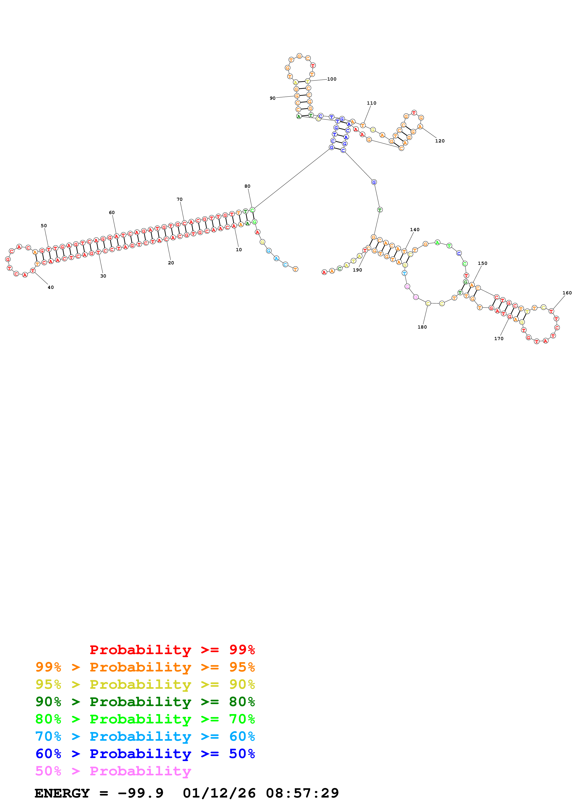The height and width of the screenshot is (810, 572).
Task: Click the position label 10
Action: (x=239, y=250)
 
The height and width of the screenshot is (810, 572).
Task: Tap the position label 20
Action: (x=171, y=263)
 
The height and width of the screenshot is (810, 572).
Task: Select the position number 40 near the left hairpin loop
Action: (x=51, y=287)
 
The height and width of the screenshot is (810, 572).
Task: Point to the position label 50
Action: (x=44, y=226)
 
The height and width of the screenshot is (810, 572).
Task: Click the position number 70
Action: (x=179, y=199)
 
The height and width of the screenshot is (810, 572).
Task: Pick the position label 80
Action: (x=247, y=186)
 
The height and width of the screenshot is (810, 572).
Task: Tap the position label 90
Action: (x=273, y=98)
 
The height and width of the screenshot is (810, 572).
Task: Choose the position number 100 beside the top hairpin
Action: (x=332, y=79)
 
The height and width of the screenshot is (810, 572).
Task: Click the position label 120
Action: (x=440, y=141)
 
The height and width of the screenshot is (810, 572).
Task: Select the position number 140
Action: (x=415, y=230)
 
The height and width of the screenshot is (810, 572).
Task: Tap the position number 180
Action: (x=422, y=327)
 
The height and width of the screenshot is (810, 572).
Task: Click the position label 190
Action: (x=357, y=270)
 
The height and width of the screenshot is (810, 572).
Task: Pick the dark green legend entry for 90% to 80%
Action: (x=145, y=702)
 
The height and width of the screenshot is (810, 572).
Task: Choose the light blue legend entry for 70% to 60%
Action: (x=145, y=736)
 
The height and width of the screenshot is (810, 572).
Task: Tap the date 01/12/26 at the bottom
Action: (x=219, y=793)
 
